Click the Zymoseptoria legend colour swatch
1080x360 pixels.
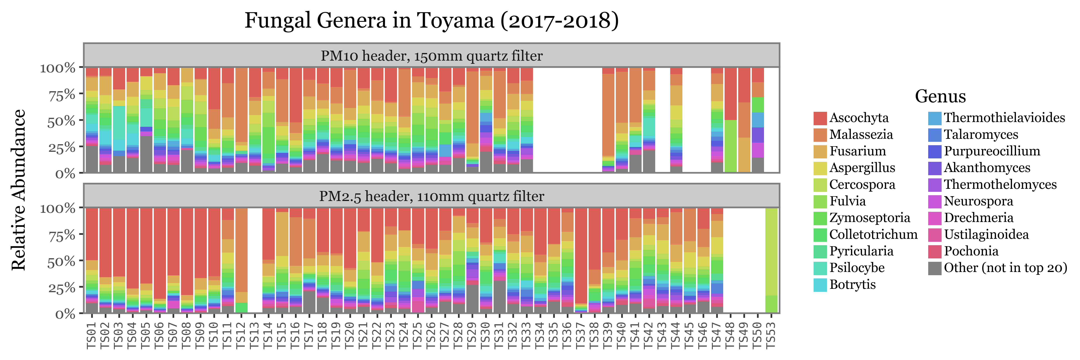click(820, 218)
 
